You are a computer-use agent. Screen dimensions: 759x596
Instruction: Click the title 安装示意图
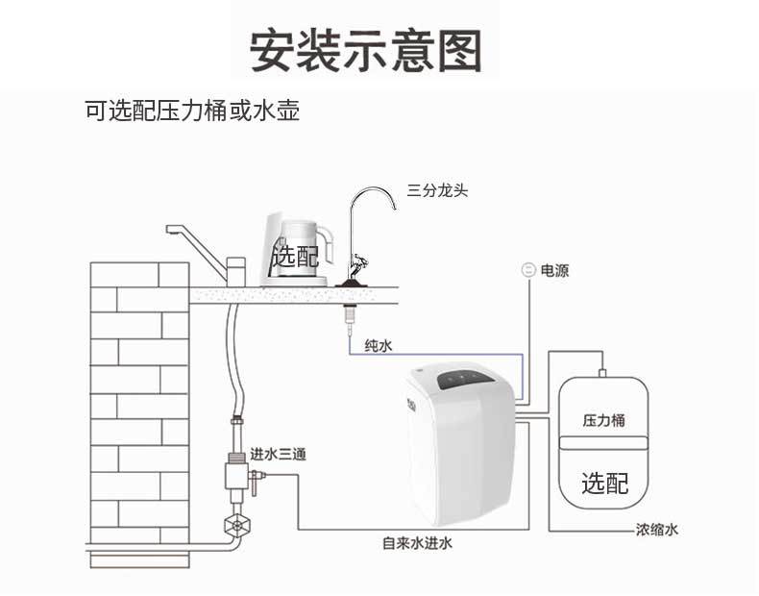[366, 50]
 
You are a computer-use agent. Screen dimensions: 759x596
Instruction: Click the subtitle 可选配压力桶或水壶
[192, 111]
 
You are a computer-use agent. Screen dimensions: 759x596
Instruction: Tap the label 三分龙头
[437, 190]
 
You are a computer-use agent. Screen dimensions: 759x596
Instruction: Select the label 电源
[554, 270]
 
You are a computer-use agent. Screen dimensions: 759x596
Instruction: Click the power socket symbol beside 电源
[528, 269]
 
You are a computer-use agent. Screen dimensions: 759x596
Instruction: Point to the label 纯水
[379, 346]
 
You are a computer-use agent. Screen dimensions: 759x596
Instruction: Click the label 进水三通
[278, 454]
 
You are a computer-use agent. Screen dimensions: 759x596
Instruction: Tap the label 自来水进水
[417, 543]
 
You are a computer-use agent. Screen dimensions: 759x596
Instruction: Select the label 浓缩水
[656, 529]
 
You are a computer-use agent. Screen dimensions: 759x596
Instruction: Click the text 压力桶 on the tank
[603, 420]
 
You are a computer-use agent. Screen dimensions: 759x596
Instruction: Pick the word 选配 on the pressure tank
[604, 483]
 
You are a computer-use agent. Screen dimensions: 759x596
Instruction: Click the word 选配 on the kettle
[295, 255]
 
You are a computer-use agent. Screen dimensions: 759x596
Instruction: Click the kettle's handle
[331, 245]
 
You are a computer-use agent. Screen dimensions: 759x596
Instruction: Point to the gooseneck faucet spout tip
[395, 208]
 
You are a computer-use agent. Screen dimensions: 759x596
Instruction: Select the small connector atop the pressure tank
[602, 373]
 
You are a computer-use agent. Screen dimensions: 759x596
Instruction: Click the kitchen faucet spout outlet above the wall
[170, 230]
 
